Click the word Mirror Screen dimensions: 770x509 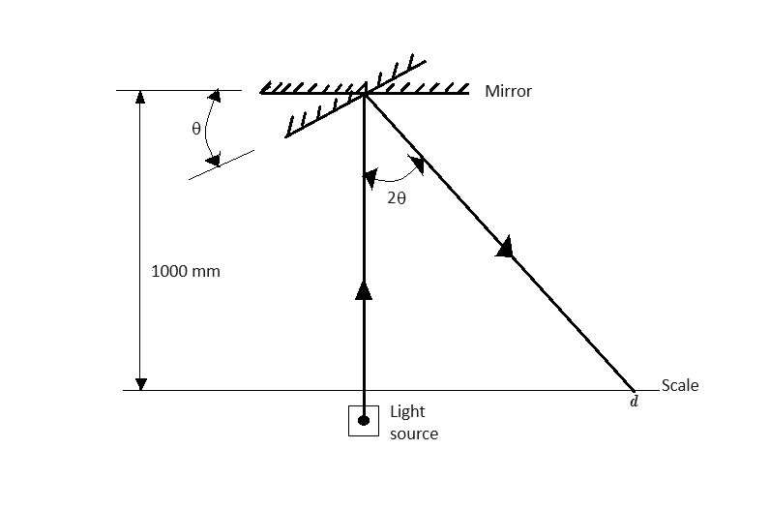tap(508, 91)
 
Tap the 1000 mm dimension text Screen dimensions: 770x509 tap(186, 271)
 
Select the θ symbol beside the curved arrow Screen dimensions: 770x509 tap(196, 129)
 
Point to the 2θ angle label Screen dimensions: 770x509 tap(397, 198)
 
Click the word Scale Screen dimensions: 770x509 tap(680, 385)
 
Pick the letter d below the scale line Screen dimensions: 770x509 tap(634, 402)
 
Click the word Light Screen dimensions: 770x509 tap(407, 411)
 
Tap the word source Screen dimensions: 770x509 tap(414, 434)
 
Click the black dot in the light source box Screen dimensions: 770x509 tap(364, 421)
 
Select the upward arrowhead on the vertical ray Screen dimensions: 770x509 tap(364, 290)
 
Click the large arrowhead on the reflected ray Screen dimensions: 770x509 tap(506, 247)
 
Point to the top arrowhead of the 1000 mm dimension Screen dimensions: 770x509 tap(140, 97)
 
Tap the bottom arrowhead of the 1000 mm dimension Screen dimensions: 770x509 tap(140, 384)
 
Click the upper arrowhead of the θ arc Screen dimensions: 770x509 tap(215, 96)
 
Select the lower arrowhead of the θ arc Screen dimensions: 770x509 tap(213, 160)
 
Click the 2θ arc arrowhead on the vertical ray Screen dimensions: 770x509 tap(370, 178)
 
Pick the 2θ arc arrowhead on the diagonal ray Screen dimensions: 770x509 tap(416, 164)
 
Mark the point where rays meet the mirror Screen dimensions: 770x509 tap(364, 93)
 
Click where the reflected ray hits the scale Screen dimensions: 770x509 tap(633, 390)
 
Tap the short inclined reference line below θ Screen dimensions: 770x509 tap(222, 165)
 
